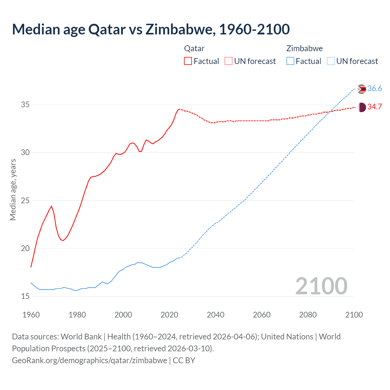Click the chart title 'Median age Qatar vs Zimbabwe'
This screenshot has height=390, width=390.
pyautogui.click(x=151, y=29)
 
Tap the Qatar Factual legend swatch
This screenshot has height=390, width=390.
pyautogui.click(x=188, y=61)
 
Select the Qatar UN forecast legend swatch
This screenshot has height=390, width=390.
pyautogui.click(x=229, y=61)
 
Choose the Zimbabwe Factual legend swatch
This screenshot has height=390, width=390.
pyautogui.click(x=290, y=61)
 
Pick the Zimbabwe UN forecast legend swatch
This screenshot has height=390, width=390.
pyautogui.click(x=331, y=61)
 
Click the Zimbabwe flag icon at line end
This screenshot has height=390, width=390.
pyautogui.click(x=361, y=89)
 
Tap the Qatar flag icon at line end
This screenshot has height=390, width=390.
pyautogui.click(x=361, y=107)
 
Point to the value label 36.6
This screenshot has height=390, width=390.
pyautogui.click(x=374, y=89)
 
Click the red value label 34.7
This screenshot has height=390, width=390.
pyautogui.click(x=374, y=107)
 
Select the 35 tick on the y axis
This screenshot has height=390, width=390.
pyautogui.click(x=25, y=105)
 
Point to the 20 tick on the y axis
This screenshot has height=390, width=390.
pyautogui.click(x=25, y=249)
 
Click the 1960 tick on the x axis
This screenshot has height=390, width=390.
pyautogui.click(x=31, y=315)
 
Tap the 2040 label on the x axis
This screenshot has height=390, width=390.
pyautogui.click(x=215, y=315)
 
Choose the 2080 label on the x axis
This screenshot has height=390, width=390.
pyautogui.click(x=308, y=315)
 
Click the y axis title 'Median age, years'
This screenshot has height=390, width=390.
pyautogui.click(x=13, y=190)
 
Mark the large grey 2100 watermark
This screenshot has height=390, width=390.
pyautogui.click(x=321, y=286)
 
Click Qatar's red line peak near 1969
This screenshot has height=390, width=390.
pyautogui.click(x=51, y=206)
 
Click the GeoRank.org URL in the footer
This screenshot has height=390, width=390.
pyautogui.click(x=89, y=360)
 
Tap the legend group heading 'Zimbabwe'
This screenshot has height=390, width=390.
pyautogui.click(x=304, y=48)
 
